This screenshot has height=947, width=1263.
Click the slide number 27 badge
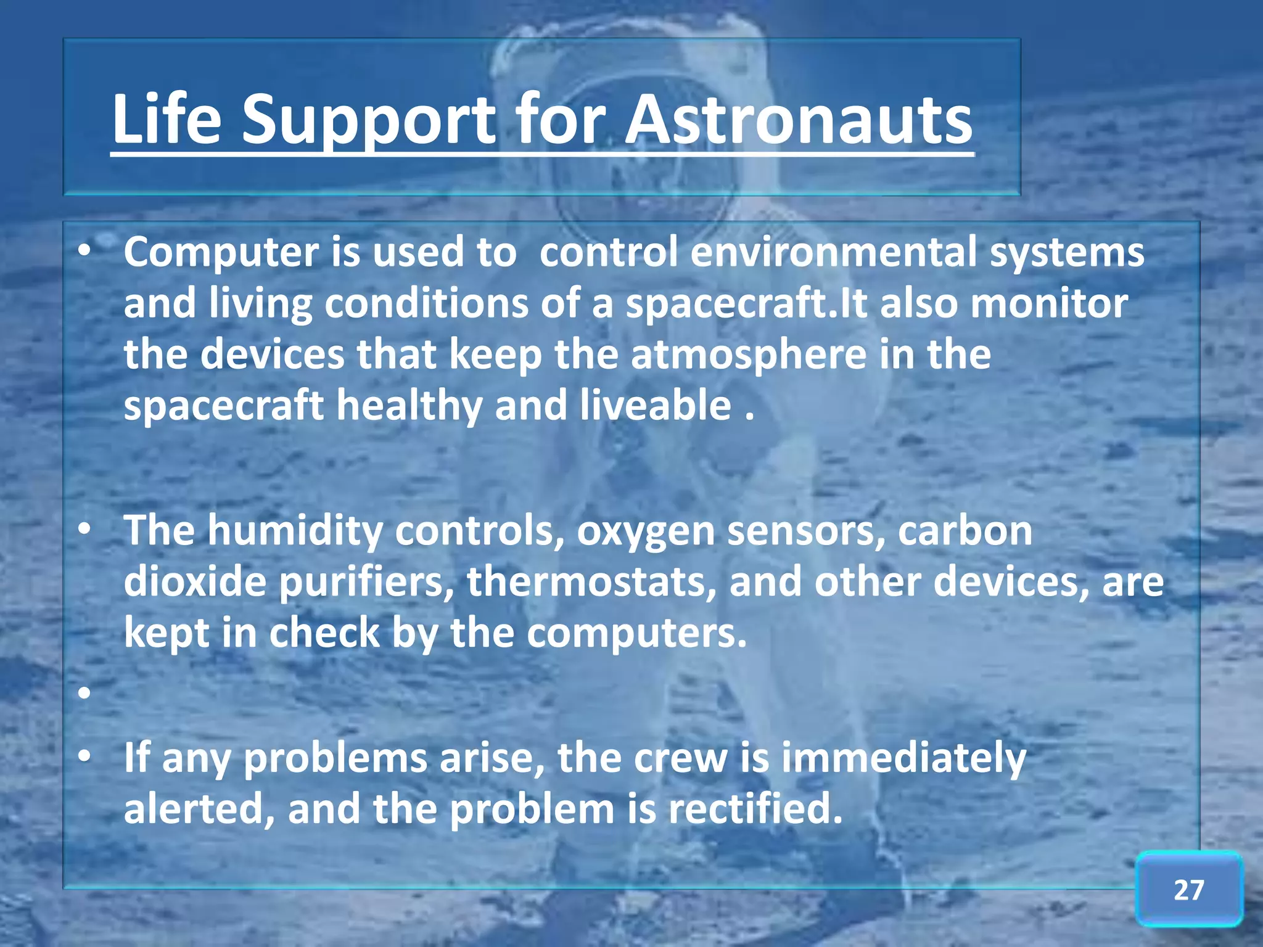(1188, 890)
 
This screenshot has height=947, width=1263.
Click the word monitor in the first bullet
(1049, 304)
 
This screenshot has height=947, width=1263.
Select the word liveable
(655, 406)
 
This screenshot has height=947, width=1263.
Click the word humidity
(294, 531)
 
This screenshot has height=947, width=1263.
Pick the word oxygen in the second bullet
(645, 531)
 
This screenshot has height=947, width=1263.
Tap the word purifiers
(366, 582)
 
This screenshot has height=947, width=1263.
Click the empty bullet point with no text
(85, 693)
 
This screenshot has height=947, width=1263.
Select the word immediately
(903, 758)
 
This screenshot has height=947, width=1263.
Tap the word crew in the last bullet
(680, 758)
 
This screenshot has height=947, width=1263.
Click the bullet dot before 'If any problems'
(85, 756)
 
